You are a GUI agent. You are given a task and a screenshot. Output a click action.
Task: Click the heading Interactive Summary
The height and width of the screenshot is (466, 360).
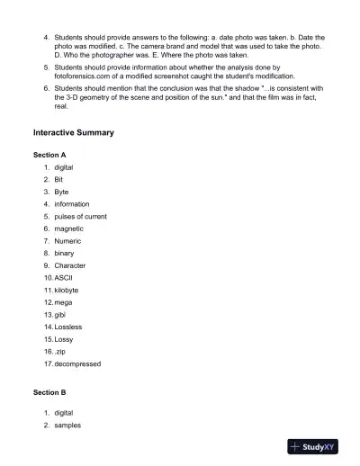pyautogui.click(x=73, y=132)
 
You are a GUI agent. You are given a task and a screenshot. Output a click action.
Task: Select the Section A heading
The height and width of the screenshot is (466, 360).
pyautogui.click(x=49, y=156)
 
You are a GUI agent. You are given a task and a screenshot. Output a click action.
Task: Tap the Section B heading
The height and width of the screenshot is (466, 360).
pyautogui.click(x=49, y=393)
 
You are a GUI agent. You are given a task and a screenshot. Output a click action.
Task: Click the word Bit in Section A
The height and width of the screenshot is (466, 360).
pyautogui.click(x=58, y=180)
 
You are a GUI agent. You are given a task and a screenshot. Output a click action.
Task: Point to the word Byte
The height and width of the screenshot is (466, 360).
pyautogui.click(x=61, y=193)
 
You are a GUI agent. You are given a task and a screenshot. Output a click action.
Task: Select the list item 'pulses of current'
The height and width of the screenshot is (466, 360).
pyautogui.click(x=80, y=217)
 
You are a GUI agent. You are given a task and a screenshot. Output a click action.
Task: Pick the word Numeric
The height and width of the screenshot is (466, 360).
pyautogui.click(x=67, y=241)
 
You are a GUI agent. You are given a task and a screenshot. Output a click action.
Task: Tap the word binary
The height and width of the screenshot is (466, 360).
pyautogui.click(x=64, y=254)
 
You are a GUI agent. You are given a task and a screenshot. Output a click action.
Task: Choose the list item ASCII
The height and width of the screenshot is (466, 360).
pyautogui.click(x=64, y=278)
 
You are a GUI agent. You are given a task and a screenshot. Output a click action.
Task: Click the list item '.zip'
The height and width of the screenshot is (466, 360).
pyautogui.click(x=60, y=352)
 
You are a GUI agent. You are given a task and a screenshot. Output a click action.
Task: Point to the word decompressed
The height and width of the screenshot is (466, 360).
pyautogui.click(x=77, y=364)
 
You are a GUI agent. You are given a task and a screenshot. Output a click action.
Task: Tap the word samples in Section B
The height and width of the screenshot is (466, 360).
pyautogui.click(x=67, y=425)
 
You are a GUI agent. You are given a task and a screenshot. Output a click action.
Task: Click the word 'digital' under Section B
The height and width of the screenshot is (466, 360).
pyautogui.click(x=64, y=413)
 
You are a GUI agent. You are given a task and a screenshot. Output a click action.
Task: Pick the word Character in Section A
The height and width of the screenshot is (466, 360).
pyautogui.click(x=70, y=266)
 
